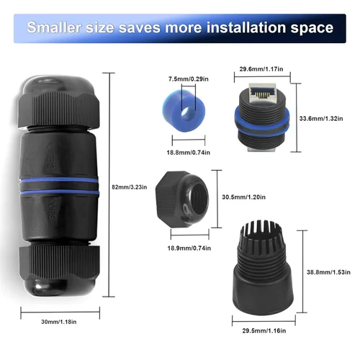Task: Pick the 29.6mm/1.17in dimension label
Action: pyautogui.click(x=259, y=69)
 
